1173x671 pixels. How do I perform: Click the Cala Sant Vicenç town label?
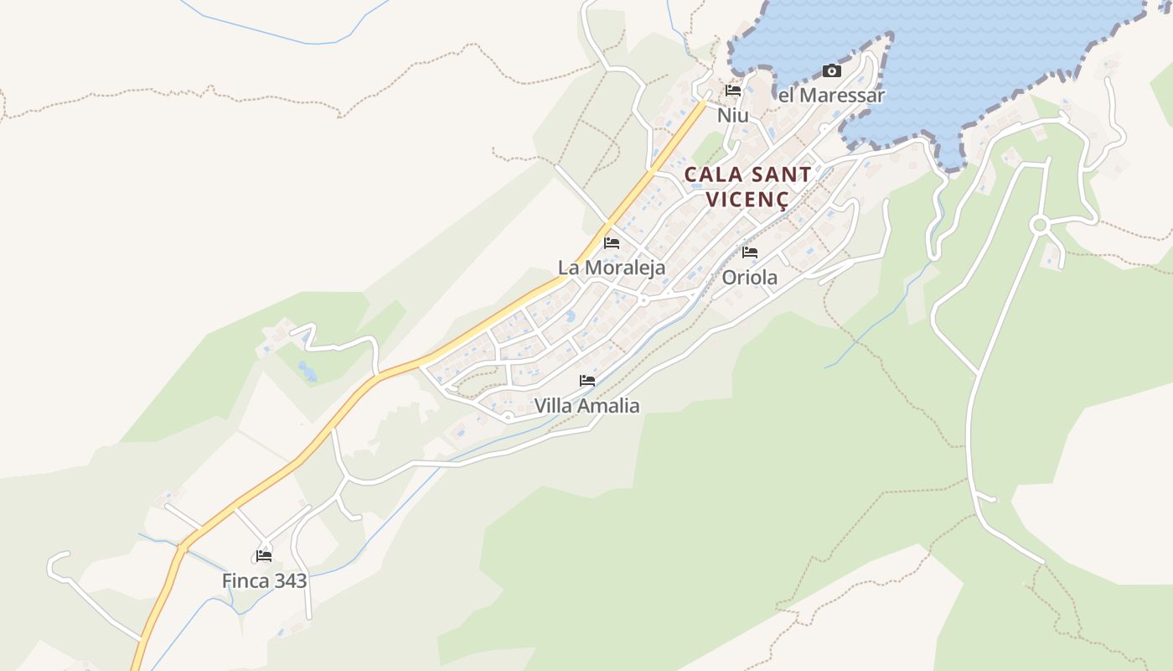coord(747,186)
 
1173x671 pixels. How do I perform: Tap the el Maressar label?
coord(831,96)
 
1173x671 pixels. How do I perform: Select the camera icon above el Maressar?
coord(831,71)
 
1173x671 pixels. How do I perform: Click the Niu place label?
coord(732,115)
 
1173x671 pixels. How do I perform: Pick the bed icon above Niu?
coord(733,91)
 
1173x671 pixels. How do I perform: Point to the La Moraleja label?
coord(612,268)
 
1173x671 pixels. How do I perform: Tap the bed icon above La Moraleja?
coord(612,243)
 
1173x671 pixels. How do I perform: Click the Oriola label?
coord(749,277)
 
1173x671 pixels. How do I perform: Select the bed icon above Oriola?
coord(750,252)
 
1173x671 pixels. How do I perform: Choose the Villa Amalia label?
coord(586,406)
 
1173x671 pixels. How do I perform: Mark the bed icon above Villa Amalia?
coord(587,381)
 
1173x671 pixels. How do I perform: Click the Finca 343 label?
coord(264,580)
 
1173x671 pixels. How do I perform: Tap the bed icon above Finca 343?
coord(264,555)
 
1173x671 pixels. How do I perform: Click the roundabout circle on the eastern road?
coord(1040,225)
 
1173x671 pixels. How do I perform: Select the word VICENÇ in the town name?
coord(747,200)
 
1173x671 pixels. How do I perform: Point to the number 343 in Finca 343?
coord(288,580)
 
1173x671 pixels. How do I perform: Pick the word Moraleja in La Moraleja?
coord(624,268)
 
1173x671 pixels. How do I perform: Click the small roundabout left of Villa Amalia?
coord(508,416)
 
